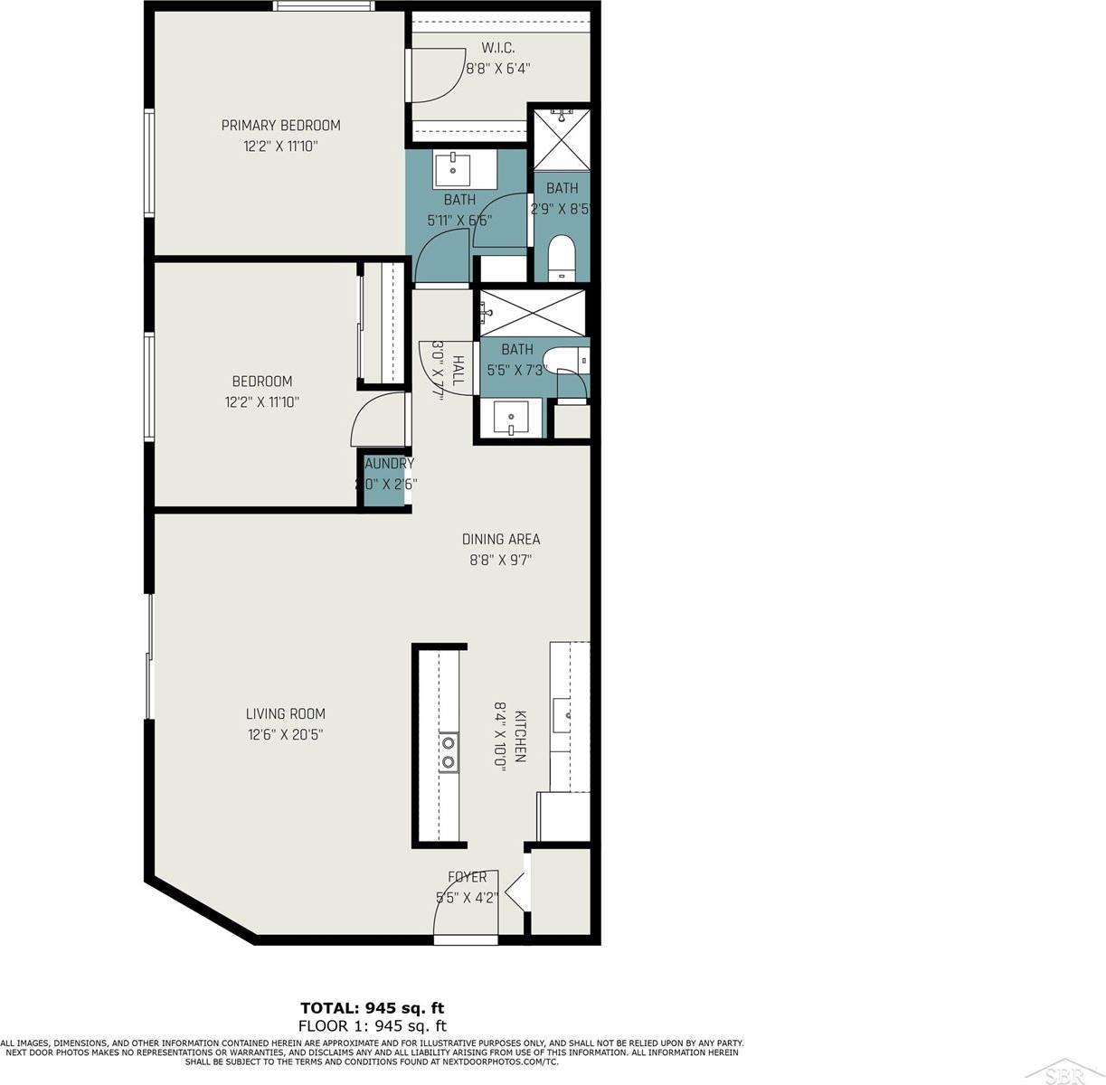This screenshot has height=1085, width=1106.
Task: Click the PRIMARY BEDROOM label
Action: [x=280, y=125]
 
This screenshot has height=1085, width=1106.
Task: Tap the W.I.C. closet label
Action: [x=497, y=48]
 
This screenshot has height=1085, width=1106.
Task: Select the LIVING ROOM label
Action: [x=286, y=713]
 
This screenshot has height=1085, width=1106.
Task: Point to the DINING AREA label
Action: [x=500, y=540]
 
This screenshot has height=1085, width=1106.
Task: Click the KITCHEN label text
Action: [x=520, y=736]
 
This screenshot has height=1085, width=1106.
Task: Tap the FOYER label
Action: [x=468, y=877]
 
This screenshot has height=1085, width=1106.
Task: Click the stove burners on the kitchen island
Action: [x=449, y=752]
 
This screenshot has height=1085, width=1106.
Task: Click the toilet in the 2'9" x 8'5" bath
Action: [x=562, y=258]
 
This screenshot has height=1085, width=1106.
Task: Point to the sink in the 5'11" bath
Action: [x=451, y=168]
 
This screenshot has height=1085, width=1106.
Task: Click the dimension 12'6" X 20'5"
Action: [x=286, y=735]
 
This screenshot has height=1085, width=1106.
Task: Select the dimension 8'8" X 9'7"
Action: [x=500, y=561]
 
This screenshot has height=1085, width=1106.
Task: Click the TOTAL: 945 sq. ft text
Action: [x=373, y=1007]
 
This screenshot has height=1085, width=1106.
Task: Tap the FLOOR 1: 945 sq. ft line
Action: [x=373, y=1025]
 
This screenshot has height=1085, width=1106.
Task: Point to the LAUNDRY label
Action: [x=387, y=464]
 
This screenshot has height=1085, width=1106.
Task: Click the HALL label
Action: [x=458, y=371]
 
